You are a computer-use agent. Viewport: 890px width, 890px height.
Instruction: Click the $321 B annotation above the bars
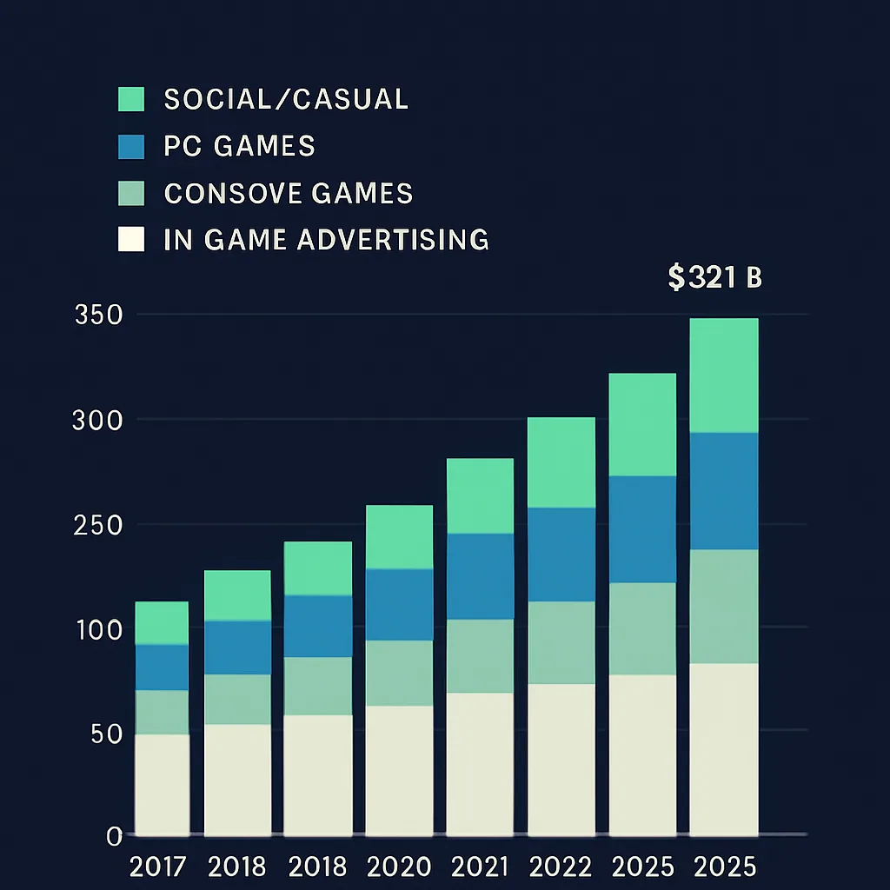[x=714, y=278]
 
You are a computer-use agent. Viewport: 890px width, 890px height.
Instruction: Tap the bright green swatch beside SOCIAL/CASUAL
[x=130, y=99]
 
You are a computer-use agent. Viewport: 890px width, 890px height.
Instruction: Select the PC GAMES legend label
[x=239, y=146]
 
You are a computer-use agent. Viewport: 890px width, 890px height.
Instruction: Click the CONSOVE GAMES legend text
[x=288, y=193]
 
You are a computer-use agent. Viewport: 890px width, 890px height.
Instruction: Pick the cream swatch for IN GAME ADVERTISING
[x=130, y=239]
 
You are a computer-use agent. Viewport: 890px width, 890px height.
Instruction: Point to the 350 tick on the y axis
[x=97, y=315]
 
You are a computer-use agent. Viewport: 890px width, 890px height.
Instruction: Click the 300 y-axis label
[x=97, y=421]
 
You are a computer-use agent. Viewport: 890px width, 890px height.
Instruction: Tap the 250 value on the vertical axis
[x=97, y=526]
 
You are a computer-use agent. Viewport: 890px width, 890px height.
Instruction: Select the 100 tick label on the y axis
[x=97, y=630]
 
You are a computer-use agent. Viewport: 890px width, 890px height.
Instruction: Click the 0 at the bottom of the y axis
[x=113, y=836]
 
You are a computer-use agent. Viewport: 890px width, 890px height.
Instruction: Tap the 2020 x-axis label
[x=399, y=867]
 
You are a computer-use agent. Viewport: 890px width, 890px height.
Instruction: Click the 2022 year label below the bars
[x=561, y=867]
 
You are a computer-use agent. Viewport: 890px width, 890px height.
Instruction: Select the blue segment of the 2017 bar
[x=162, y=667]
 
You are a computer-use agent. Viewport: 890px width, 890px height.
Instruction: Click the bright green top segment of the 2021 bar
[x=480, y=496]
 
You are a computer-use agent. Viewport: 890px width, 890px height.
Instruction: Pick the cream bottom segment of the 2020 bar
[x=399, y=770]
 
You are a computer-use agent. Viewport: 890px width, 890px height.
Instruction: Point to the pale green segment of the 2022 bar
[x=561, y=643]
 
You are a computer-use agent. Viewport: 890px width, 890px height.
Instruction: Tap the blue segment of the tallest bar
[x=724, y=491]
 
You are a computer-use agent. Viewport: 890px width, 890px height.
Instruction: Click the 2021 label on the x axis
[x=480, y=867]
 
